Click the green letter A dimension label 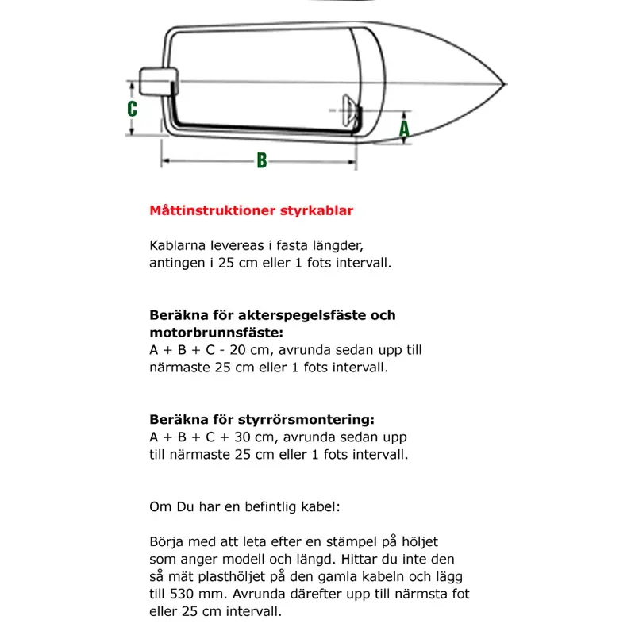404,127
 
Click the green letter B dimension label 261,160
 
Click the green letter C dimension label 133,109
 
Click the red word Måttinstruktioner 212,211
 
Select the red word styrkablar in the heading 315,211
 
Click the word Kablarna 174,245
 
